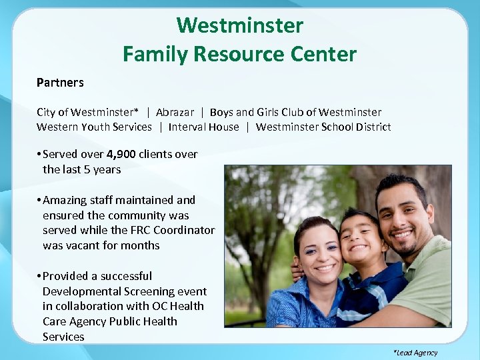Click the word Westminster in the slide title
coord(239,26)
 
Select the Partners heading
coord(60,83)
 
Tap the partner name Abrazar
coord(175,112)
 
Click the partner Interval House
coord(203,127)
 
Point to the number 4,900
coord(121,154)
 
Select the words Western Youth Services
coord(94,127)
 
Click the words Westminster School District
coord(323,127)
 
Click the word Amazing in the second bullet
coord(64,200)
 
